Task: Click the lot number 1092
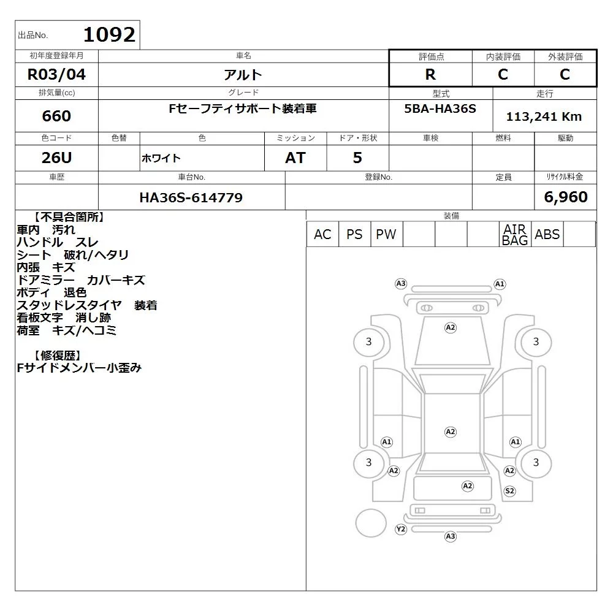pyautogui.click(x=110, y=35)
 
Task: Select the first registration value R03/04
pyautogui.click(x=56, y=74)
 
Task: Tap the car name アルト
pyautogui.click(x=243, y=75)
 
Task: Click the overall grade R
pyautogui.click(x=430, y=74)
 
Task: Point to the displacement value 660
pyautogui.click(x=56, y=116)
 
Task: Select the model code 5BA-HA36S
pyautogui.click(x=440, y=109)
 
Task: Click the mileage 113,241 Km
pyautogui.click(x=544, y=116)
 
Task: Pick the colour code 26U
pyautogui.click(x=56, y=158)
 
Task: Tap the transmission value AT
pyautogui.click(x=295, y=158)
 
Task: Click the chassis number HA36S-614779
pyautogui.click(x=191, y=197)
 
